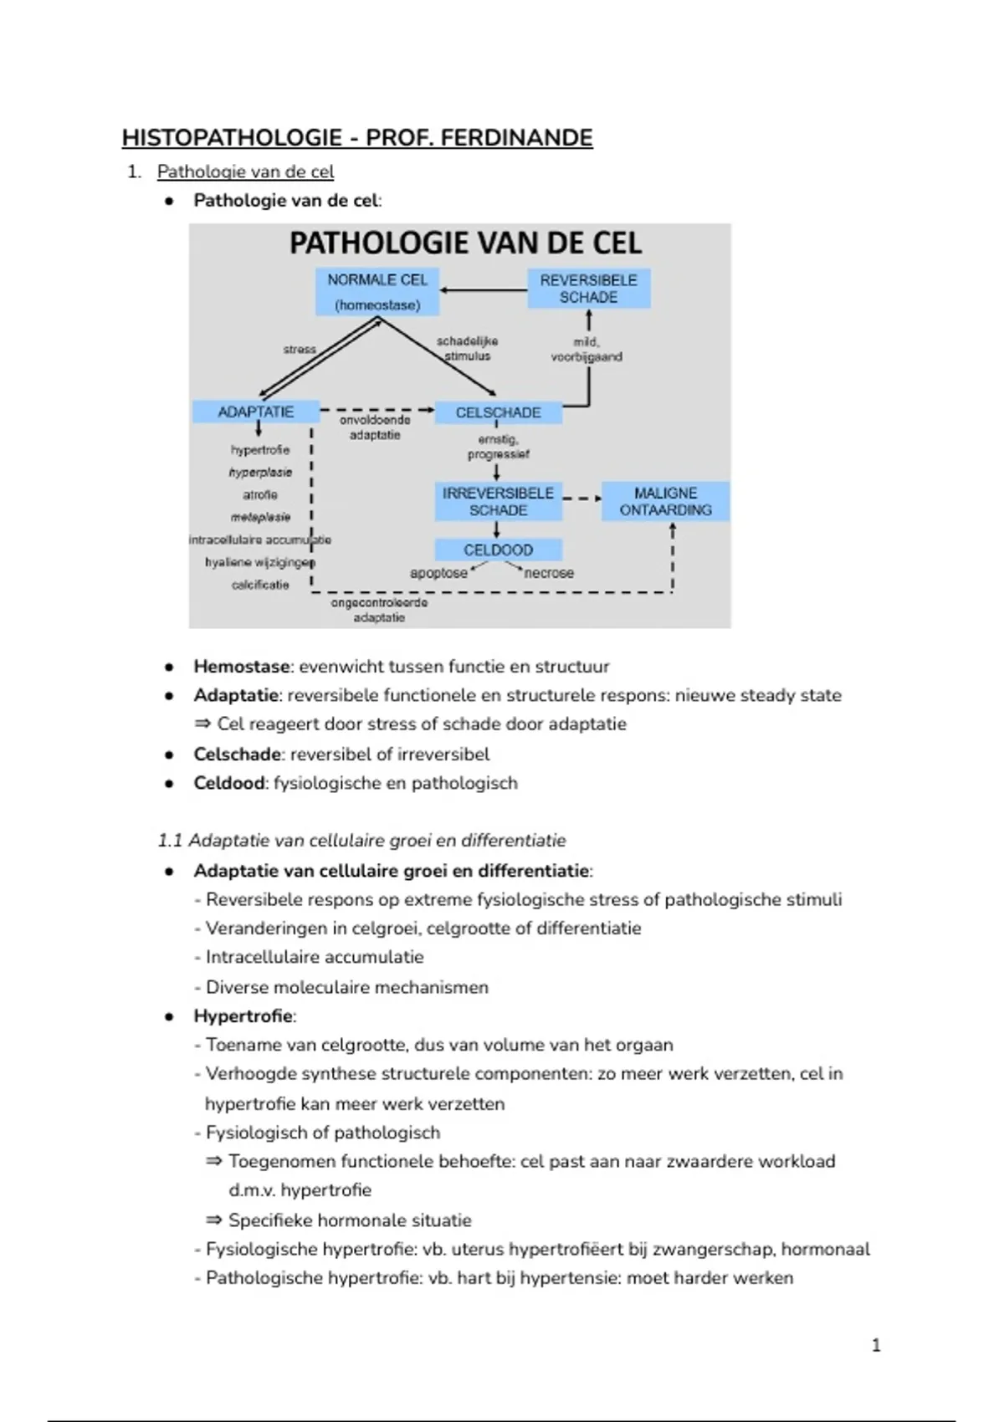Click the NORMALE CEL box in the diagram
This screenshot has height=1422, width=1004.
pyautogui.click(x=377, y=291)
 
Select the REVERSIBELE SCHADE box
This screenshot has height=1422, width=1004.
pyautogui.click(x=588, y=289)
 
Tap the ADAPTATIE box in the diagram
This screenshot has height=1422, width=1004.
pyautogui.click(x=256, y=412)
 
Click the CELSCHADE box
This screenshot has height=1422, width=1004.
pyautogui.click(x=498, y=412)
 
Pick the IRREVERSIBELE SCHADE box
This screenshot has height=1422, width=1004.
pyautogui.click(x=498, y=502)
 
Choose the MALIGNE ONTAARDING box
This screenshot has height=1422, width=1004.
pyautogui.click(x=665, y=502)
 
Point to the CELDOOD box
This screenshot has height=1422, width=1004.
pyautogui.click(x=498, y=550)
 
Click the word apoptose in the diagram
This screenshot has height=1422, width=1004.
pyautogui.click(x=438, y=573)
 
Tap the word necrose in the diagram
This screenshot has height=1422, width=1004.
pyautogui.click(x=549, y=573)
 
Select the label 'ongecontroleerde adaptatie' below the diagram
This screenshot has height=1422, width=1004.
pyautogui.click(x=379, y=610)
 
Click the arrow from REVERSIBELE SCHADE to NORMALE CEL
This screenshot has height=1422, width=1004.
pyautogui.click(x=484, y=290)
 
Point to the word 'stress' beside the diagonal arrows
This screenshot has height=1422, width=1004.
pyautogui.click(x=300, y=349)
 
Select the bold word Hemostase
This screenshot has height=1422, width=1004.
pyautogui.click(x=242, y=667)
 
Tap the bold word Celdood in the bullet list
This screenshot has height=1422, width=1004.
pyautogui.click(x=228, y=783)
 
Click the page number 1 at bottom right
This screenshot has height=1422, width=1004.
pyautogui.click(x=876, y=1345)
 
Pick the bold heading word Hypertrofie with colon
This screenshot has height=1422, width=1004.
pyautogui.click(x=244, y=1016)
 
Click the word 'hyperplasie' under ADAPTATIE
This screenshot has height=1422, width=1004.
pyautogui.click(x=260, y=473)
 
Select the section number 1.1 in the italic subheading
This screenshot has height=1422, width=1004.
pyautogui.click(x=170, y=841)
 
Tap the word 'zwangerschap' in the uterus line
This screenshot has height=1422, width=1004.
pyautogui.click(x=713, y=1249)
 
